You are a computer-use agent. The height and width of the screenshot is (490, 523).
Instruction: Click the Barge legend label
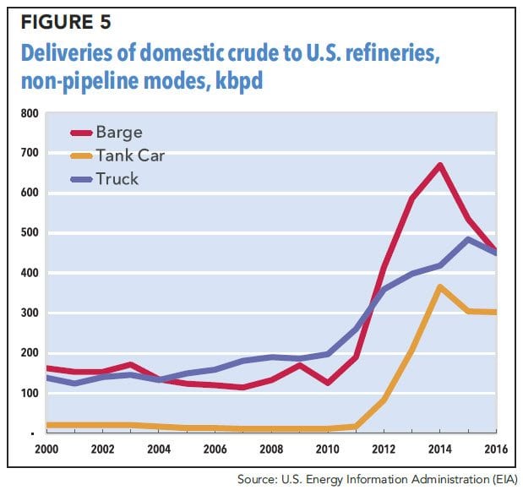119,133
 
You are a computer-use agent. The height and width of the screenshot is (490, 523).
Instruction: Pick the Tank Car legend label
131,155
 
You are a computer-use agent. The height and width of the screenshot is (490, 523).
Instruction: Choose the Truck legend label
117,178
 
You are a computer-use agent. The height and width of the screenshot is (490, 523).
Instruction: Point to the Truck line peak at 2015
466,239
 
